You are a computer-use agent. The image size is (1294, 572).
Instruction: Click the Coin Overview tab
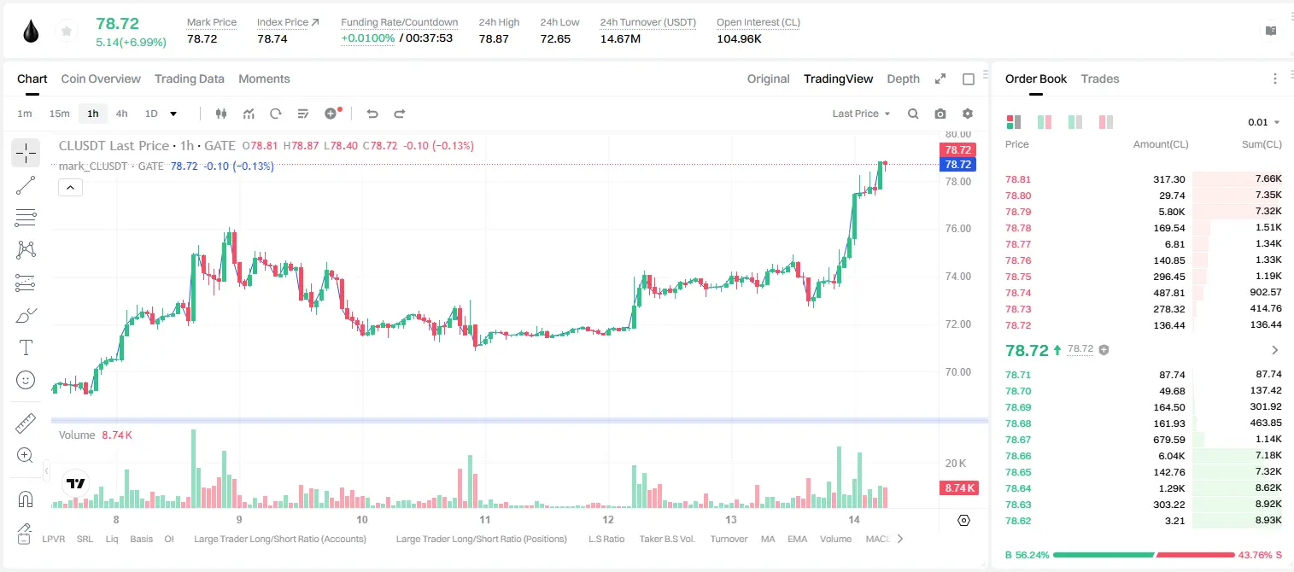101,79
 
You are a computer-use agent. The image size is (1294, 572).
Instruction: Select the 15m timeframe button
60,114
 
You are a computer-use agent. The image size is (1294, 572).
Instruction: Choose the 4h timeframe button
121,114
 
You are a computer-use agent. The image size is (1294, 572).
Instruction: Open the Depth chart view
903,79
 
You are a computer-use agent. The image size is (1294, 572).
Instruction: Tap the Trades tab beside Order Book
1100,79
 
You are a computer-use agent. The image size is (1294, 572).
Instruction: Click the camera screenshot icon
940,114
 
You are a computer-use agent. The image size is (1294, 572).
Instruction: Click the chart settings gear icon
968,114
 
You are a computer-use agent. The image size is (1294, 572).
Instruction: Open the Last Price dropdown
861,114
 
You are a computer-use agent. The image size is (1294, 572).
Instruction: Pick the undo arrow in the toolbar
372,114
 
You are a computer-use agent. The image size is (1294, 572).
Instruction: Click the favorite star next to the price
67,32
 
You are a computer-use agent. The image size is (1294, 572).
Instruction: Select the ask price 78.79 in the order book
1018,212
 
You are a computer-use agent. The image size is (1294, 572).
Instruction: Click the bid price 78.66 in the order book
1018,456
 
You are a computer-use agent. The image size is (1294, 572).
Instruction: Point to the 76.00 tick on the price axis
957,229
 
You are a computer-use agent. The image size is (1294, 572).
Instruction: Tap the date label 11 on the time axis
484,519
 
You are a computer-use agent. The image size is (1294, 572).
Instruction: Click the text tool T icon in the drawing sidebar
26,347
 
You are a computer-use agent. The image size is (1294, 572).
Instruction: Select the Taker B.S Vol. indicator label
666,539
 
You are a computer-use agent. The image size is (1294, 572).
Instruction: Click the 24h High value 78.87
494,38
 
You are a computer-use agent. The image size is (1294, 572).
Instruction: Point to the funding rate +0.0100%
367,38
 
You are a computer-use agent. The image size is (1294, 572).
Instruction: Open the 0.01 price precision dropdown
1263,122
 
